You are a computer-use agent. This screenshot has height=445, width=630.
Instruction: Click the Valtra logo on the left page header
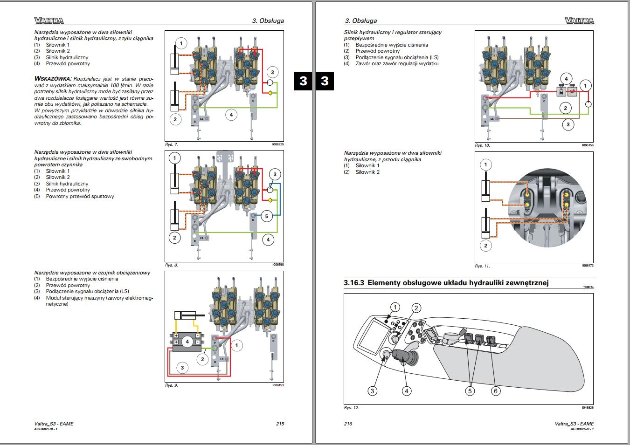pyautogui.click(x=48, y=21)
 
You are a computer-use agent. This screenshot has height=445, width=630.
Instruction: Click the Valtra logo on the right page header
pyautogui.click(x=579, y=21)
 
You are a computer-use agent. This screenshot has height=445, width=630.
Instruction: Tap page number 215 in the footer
pyautogui.click(x=280, y=424)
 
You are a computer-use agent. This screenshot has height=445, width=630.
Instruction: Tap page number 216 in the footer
pyautogui.click(x=348, y=424)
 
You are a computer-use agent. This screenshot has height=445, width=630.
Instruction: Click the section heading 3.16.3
pyautogui.click(x=446, y=283)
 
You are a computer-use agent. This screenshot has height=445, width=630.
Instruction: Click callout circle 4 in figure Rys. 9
pyautogui.click(x=187, y=342)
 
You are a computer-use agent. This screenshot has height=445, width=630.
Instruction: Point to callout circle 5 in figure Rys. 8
pyautogui.click(x=267, y=216)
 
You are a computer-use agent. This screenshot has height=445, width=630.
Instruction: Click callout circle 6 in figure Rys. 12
pyautogui.click(x=496, y=391)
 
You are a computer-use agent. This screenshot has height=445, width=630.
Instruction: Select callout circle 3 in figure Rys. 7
pyautogui.click(x=272, y=72)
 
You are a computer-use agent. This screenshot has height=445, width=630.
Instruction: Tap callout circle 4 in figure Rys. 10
pyautogui.click(x=566, y=79)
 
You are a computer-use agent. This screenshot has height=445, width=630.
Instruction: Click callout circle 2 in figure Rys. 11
pyautogui.click(x=485, y=246)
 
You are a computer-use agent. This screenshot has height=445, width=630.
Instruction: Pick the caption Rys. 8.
pyautogui.click(x=172, y=265)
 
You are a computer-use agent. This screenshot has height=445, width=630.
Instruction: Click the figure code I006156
pyautogui.click(x=587, y=145)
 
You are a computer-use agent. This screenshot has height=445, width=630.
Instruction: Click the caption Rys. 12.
pyautogui.click(x=351, y=408)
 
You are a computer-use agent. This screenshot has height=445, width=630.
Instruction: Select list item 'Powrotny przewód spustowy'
pyautogui.click(x=80, y=196)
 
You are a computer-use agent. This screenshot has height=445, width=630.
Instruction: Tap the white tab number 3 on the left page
pyautogui.click(x=303, y=81)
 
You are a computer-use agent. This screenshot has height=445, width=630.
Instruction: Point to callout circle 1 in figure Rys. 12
pyautogui.click(x=395, y=307)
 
